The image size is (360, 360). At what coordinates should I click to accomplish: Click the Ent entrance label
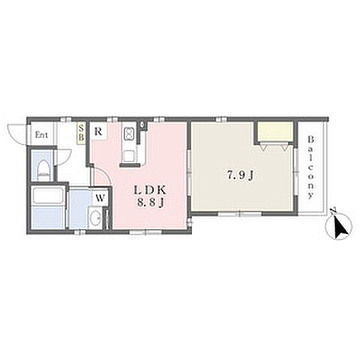[41, 135]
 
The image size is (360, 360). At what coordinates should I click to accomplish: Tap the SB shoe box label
[81, 133]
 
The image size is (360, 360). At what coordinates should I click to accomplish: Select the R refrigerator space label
[98, 131]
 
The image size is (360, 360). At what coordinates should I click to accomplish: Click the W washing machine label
[100, 198]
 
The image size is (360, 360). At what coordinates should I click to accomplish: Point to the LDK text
[150, 190]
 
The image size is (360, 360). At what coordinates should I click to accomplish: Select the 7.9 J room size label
[240, 176]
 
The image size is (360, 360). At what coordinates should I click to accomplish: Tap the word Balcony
[310, 167]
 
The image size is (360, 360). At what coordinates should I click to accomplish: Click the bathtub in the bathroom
[47, 196]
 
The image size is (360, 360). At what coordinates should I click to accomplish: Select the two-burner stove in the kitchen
[129, 134]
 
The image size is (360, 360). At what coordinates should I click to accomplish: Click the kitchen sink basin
[129, 156]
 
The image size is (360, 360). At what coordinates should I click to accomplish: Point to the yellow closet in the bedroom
[275, 131]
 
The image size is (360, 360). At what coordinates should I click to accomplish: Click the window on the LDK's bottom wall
[145, 232]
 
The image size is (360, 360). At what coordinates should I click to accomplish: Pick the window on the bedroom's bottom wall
[240, 214]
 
